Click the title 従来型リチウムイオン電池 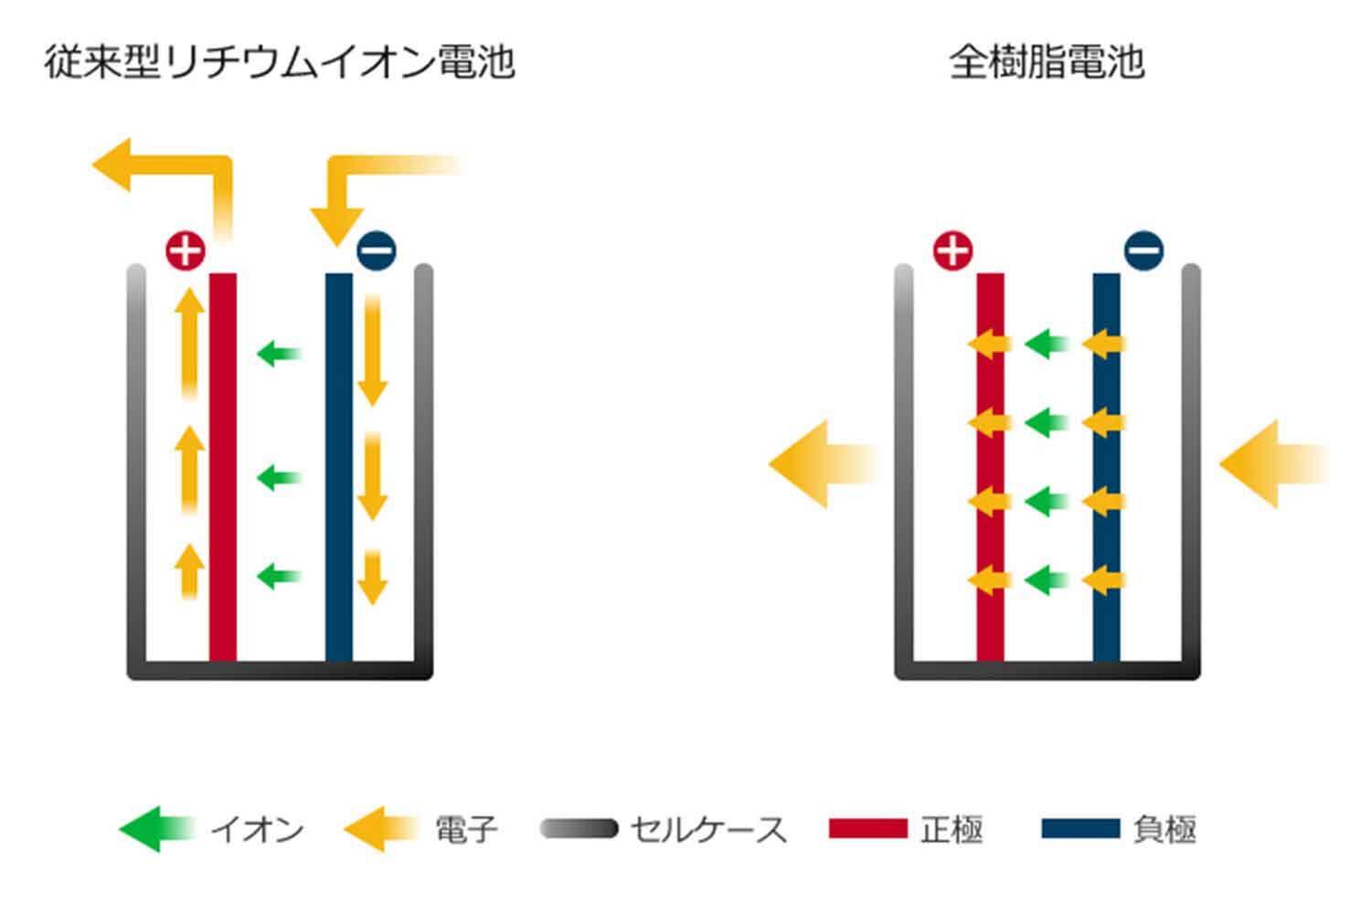pos(280,63)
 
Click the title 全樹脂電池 pos(1047,63)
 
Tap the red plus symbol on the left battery pos(185,250)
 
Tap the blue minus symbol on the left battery pos(376,250)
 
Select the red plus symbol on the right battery pos(952,250)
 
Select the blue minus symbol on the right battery pos(1143,250)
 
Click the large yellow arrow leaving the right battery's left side pos(818,464)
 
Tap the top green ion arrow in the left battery pos(279,353)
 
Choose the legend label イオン pos(257,830)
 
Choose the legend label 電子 pos(466,830)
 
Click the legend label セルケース pos(708,830)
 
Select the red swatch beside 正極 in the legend pos(867,829)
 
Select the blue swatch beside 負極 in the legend pos(1080,829)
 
